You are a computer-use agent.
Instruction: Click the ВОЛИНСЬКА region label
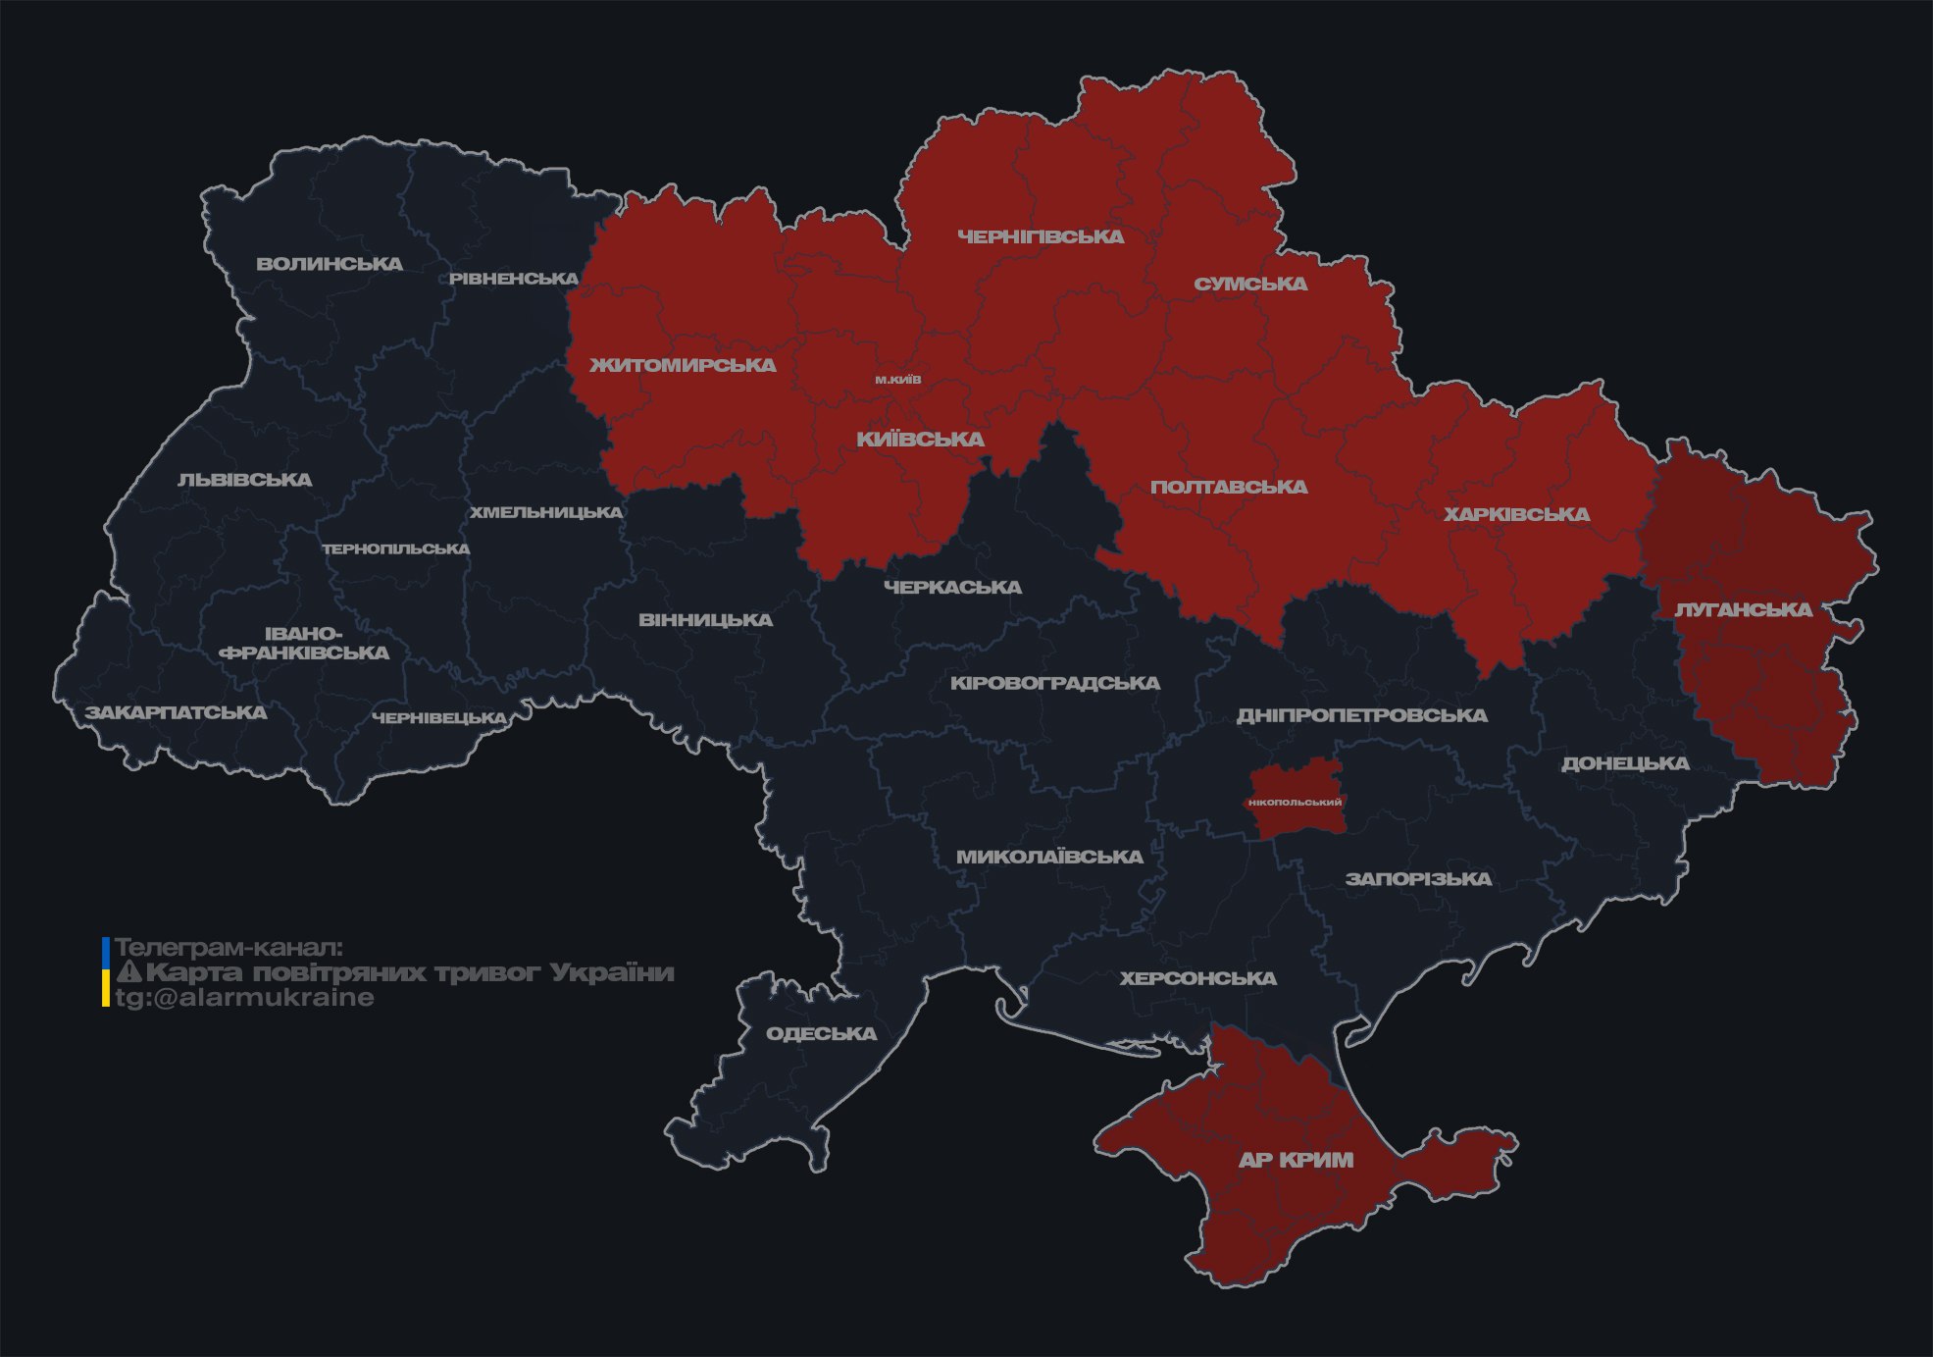click(x=330, y=264)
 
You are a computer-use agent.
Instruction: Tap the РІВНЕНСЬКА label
click(x=514, y=279)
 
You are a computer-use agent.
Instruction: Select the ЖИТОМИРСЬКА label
click(x=683, y=365)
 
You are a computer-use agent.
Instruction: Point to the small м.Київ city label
click(x=898, y=380)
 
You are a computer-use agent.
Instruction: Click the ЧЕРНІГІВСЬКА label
click(x=1041, y=236)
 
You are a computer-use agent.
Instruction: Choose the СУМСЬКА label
click(x=1250, y=284)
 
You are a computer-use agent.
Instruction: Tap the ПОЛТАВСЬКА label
click(x=1229, y=487)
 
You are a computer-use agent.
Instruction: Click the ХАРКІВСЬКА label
click(x=1516, y=514)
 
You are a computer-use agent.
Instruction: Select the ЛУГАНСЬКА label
click(x=1743, y=609)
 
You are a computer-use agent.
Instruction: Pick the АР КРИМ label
click(x=1296, y=1160)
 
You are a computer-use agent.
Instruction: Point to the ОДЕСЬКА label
click(x=821, y=1033)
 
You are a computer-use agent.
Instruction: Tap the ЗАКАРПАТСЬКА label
click(x=176, y=712)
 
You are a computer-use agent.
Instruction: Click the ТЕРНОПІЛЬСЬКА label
click(x=396, y=548)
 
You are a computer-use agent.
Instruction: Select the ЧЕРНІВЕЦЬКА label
click(x=439, y=718)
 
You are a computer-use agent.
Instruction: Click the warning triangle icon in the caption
click(x=129, y=972)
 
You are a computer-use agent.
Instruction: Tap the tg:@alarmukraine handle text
click(x=244, y=998)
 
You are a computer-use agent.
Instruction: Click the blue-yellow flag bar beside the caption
click(x=106, y=972)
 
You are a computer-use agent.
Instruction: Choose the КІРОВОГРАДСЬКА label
click(x=1054, y=683)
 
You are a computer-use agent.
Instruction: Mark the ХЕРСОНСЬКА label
click(x=1197, y=978)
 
